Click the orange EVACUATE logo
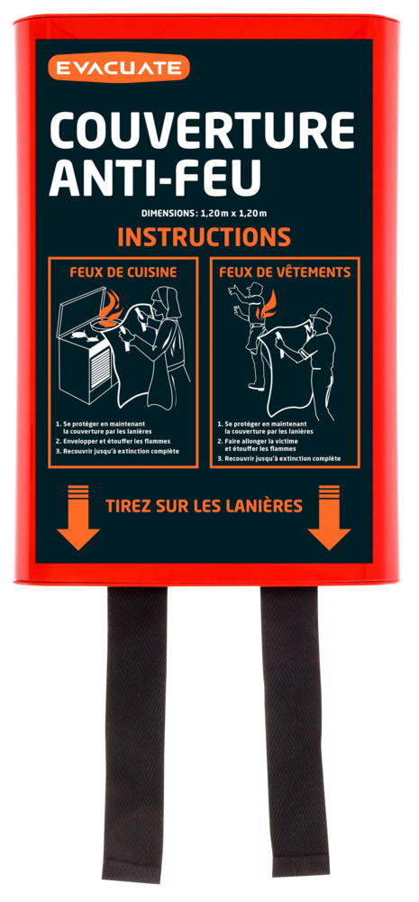coord(118,68)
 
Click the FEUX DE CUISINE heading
coord(123,272)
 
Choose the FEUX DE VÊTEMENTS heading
coord(285,272)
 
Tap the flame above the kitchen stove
coord(111,308)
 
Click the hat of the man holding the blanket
coord(321,316)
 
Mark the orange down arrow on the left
coord(77,517)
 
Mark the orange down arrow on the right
coord(329,517)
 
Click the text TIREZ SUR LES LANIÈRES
coord(204,506)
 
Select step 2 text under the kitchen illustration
coord(117,441)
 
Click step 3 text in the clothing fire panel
coord(279,458)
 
